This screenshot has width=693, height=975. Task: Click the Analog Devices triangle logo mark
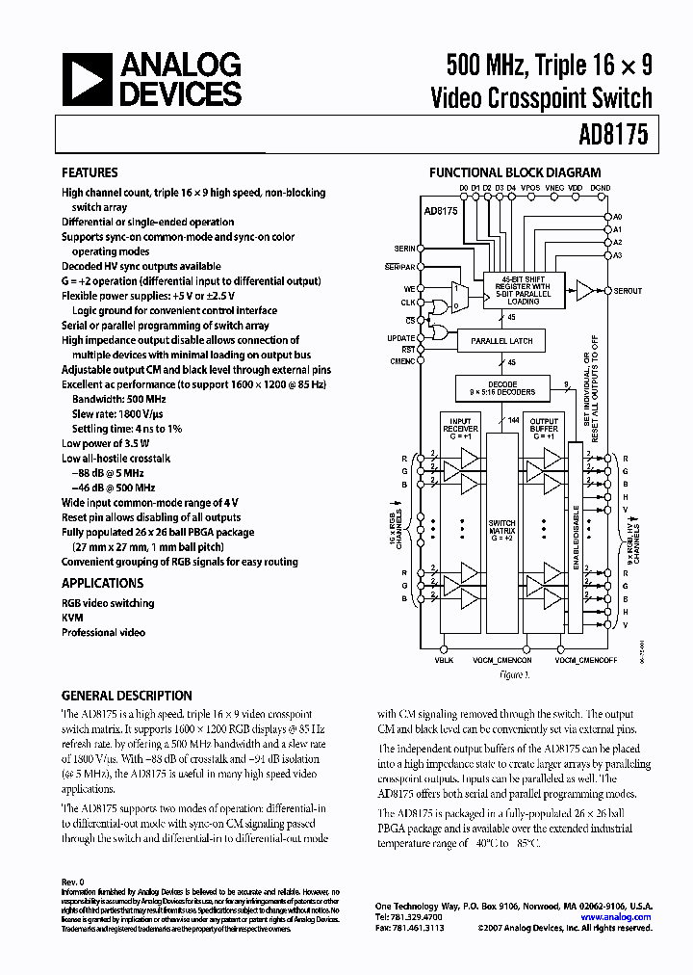(90, 79)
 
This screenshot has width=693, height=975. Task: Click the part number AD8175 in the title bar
(614, 136)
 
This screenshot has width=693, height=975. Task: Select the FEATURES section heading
(90, 172)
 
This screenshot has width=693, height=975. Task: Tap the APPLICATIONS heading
(102, 583)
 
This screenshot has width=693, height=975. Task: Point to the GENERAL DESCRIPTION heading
(126, 695)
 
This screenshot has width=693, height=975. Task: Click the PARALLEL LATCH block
(501, 341)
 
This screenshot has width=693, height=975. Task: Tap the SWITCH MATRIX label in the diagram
(501, 530)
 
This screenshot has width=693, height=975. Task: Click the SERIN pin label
(404, 249)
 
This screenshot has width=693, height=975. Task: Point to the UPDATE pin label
(400, 338)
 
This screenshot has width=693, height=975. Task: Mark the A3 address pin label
(618, 255)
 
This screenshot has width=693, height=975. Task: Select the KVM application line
(72, 618)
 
